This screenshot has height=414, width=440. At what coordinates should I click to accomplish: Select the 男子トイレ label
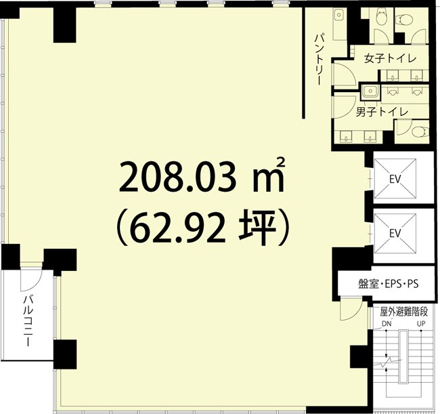coord(381,110)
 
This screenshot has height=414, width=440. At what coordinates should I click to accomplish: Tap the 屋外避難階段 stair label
coord(404,312)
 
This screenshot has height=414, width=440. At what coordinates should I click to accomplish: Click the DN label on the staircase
coord(387,324)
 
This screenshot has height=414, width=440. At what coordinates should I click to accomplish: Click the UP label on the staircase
coord(421,324)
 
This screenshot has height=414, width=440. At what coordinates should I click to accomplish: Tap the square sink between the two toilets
coord(370,90)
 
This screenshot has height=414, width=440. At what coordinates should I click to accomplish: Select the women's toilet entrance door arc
coord(341,71)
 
